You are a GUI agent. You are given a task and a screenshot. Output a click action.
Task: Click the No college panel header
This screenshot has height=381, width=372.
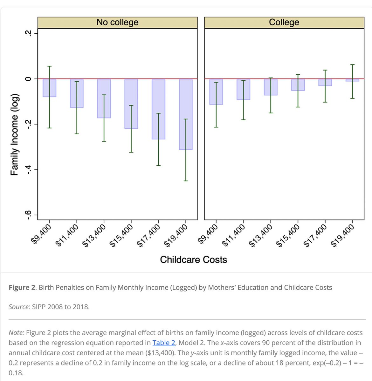coord(117,22)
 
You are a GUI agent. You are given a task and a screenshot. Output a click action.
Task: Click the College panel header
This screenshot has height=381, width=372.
coord(284,22)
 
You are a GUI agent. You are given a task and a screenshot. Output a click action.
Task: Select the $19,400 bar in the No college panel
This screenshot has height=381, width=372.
coord(186,114)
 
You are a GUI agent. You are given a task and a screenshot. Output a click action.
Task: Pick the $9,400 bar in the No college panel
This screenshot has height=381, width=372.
coord(50,88)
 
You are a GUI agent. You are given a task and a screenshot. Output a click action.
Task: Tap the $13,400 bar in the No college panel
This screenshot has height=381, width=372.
coord(104,98)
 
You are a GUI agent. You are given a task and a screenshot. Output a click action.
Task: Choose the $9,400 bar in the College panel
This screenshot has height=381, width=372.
coord(216,92)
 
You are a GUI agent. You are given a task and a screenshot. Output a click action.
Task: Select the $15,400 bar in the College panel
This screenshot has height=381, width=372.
coord(298,85)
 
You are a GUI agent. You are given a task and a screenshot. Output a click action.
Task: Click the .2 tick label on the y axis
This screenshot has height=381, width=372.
coord(29,33)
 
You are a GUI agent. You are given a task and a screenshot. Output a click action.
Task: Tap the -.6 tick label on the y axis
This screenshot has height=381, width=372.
coord(29,215)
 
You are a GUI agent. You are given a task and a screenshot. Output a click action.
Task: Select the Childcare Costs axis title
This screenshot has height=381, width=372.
coord(193,260)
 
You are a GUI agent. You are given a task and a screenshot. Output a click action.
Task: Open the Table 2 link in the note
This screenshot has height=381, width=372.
coord(164,343)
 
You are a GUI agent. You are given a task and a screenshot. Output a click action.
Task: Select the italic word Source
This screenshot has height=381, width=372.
coord(19,307)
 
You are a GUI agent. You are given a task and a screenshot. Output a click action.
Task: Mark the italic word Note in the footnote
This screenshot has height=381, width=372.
coord(16,333)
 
